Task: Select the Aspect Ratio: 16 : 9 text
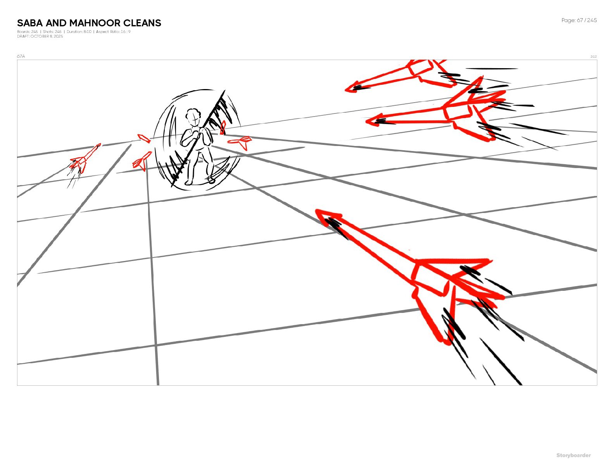113,32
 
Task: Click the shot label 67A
21,56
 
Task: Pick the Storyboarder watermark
574,455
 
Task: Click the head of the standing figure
193,116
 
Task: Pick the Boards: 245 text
27,32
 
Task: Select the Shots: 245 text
52,32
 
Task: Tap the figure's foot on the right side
210,179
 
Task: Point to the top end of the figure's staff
225,91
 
